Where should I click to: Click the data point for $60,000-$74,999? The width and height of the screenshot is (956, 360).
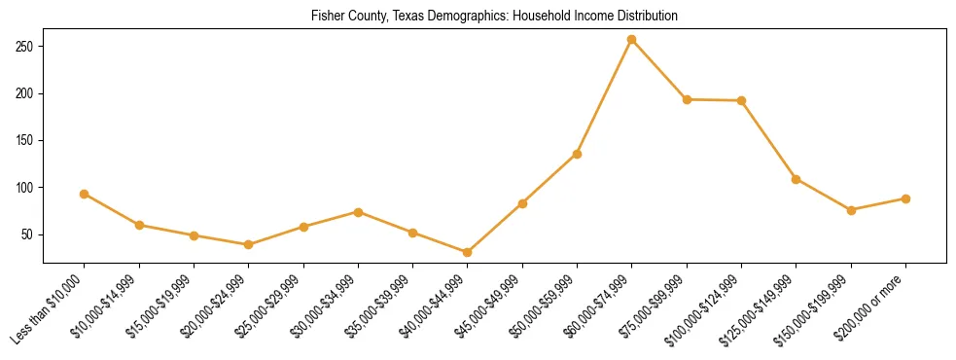(632, 39)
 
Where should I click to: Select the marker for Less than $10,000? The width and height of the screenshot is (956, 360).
(85, 194)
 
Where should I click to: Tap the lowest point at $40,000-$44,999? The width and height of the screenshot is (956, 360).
(468, 252)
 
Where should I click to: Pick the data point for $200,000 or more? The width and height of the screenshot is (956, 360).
(905, 198)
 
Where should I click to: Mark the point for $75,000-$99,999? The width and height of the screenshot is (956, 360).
(687, 99)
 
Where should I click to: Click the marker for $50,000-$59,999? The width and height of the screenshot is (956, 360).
(578, 154)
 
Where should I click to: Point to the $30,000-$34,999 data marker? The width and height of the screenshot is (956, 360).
(358, 212)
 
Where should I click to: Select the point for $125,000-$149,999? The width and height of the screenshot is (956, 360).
(797, 179)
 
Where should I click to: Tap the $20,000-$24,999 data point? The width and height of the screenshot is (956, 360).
(249, 244)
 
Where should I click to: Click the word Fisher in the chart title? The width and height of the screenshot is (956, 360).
(327, 17)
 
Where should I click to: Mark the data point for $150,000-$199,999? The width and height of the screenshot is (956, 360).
(851, 210)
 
